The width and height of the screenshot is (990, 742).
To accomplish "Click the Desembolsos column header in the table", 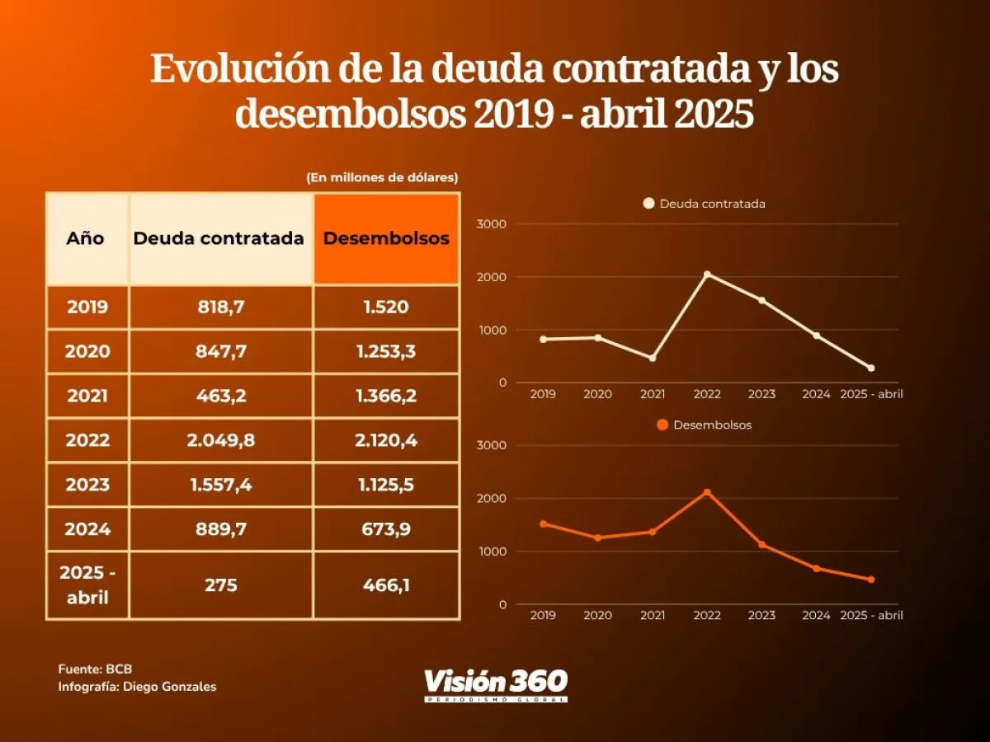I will point(386,238).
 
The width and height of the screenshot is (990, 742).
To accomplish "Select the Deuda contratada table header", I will point(219,238).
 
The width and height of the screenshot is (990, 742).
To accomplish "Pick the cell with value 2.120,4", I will point(386,440).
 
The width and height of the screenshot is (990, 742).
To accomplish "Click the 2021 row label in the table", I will point(87,396).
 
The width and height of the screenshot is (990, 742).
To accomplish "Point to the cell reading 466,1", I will point(386,585).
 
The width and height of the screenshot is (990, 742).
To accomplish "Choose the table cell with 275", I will point(221,585).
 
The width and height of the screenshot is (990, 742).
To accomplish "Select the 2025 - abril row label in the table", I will point(87,585).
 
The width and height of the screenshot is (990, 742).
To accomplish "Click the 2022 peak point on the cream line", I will point(707,275).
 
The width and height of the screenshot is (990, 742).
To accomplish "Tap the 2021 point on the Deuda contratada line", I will point(652,358).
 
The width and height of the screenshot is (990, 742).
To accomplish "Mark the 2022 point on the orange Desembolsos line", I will point(707,492).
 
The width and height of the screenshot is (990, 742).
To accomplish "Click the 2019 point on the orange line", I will point(543,524).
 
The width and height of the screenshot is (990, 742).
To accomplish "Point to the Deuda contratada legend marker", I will point(648,203).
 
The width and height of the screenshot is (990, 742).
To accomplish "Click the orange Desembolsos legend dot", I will point(662,425).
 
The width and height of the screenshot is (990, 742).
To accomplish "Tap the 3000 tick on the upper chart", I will point(493,224).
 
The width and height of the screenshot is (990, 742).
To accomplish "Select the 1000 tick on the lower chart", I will point(493,552).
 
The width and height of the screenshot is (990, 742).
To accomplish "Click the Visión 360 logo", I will point(496,684).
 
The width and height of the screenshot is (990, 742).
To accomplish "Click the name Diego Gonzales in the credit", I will point(169,686).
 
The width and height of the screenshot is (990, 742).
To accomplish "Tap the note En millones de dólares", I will point(382,177).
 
